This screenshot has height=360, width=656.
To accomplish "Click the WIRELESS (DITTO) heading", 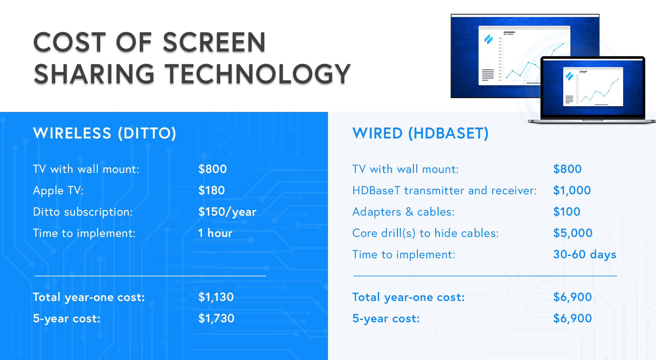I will (105, 133).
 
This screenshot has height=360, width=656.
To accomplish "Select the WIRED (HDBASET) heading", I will (420, 133).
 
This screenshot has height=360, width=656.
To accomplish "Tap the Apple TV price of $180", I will (212, 190).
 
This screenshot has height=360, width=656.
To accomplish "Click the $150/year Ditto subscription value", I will (227, 212).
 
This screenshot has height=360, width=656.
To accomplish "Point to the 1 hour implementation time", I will (215, 233).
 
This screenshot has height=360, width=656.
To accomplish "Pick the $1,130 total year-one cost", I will (216, 297).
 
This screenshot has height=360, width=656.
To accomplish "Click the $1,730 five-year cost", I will (216, 318).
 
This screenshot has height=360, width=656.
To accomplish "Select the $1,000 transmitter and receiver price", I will (572, 190).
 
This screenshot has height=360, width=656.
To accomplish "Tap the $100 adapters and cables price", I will (567, 212).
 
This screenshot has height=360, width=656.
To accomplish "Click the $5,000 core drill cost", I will (573, 233).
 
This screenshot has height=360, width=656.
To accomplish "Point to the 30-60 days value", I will (584, 254).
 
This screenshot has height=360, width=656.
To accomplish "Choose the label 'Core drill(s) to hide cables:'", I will (425, 233).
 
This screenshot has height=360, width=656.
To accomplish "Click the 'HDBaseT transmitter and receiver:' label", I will (444, 191).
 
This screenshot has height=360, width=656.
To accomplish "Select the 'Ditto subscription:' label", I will (83, 212).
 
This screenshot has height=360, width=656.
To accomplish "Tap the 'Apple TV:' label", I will (58, 191).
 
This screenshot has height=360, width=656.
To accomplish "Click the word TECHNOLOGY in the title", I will (258, 74).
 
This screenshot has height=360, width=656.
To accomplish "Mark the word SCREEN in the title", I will (214, 42).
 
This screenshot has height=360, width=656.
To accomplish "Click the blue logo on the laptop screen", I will (569, 76).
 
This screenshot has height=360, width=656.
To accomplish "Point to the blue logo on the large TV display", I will (488, 40).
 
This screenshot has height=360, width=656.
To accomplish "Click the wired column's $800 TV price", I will (567, 169).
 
